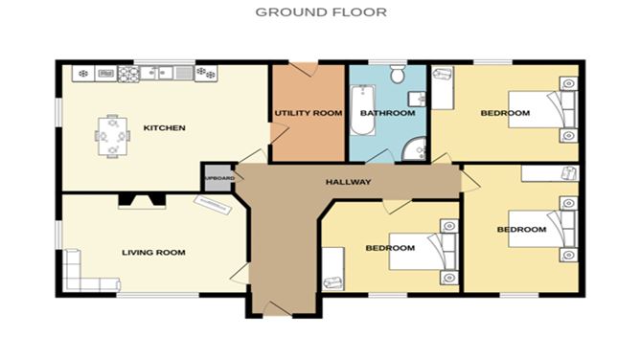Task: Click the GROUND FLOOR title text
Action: (x=320, y=12)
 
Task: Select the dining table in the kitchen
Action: (x=112, y=136)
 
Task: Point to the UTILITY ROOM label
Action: (x=308, y=113)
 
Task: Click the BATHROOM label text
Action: (x=387, y=113)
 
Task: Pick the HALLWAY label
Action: (x=349, y=182)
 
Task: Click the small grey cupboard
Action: (x=217, y=178)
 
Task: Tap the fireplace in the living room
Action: (x=141, y=201)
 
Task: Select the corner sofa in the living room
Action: (x=81, y=275)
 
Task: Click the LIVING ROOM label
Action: (x=152, y=252)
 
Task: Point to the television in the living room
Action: (x=214, y=203)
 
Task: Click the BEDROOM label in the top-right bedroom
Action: (x=505, y=113)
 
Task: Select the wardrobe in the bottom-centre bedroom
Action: (x=333, y=269)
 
